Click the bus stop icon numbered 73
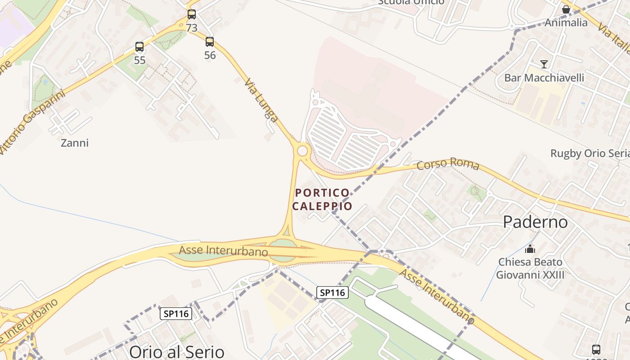click(192, 14)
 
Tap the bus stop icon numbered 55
click(139, 47)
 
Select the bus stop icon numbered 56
click(210, 42)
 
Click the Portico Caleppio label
click(322, 199)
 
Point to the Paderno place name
click(535, 222)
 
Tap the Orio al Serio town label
click(176, 351)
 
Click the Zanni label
click(75, 143)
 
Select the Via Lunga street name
click(261, 100)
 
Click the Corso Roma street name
click(448, 164)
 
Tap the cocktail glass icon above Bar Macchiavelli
click(544, 64)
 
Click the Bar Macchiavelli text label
click(544, 78)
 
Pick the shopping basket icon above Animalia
click(566, 9)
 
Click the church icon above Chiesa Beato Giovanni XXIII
click(530, 248)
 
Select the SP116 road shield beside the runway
click(333, 292)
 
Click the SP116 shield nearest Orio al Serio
click(176, 314)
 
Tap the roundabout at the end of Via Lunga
click(302, 150)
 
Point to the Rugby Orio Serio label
click(589, 153)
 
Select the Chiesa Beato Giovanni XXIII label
click(530, 268)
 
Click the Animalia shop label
click(566, 22)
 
